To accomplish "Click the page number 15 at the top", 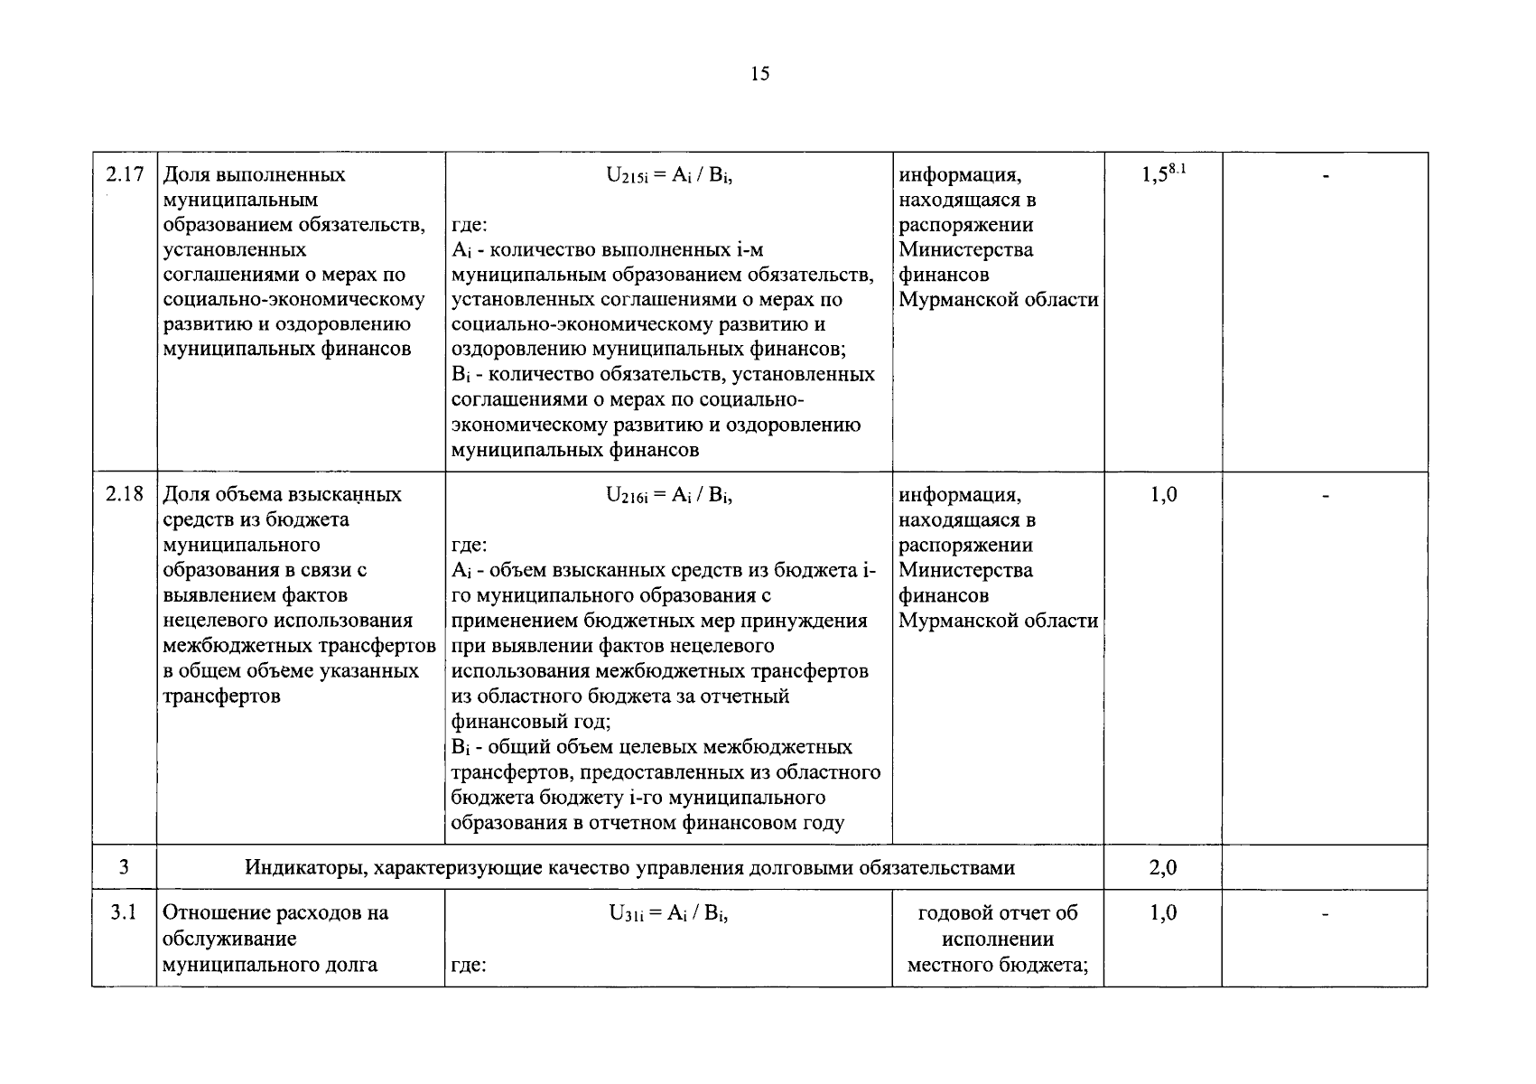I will [759, 74].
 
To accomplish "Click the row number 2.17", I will [125, 174].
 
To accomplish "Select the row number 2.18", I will [125, 494].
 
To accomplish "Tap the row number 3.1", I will [125, 912].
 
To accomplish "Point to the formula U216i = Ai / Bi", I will [668, 495].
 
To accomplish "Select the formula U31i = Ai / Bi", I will [668, 913].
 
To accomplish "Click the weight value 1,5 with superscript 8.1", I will [1162, 174].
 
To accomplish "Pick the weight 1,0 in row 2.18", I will [1162, 494].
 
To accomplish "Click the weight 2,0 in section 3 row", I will [1162, 868].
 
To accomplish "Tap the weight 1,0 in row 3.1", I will [1162, 912].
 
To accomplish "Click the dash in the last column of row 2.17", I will [1325, 177].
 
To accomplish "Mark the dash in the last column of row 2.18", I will [1325, 496].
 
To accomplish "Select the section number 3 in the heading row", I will [124, 868].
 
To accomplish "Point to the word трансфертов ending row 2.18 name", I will [221, 696].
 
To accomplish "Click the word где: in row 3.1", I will [469, 965].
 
